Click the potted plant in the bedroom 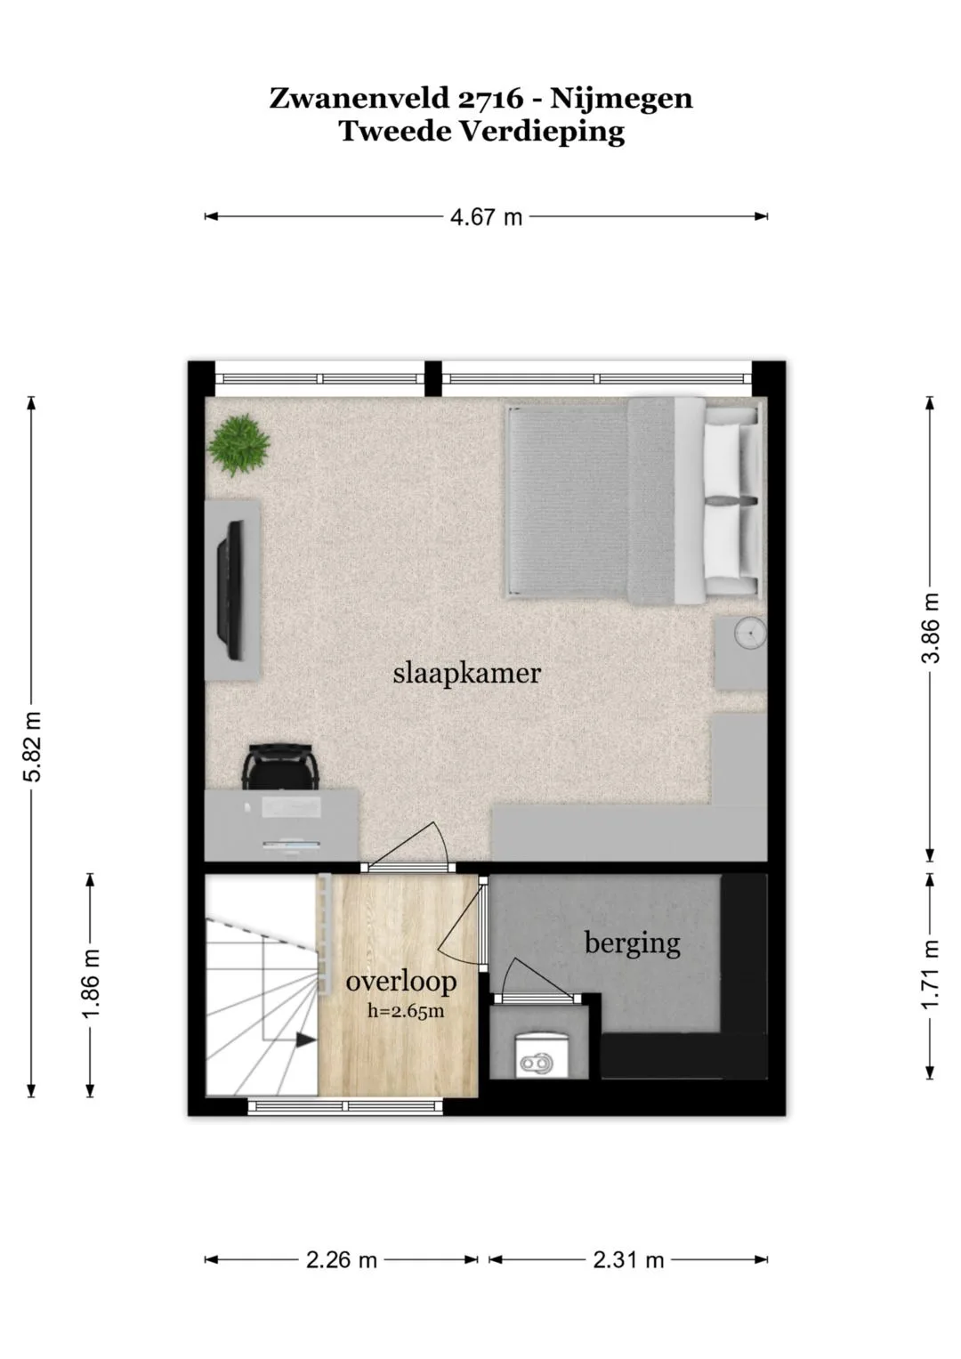[x=238, y=445]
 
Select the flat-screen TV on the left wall [x=230, y=589]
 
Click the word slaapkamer [x=466, y=674]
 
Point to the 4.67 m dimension [x=486, y=216]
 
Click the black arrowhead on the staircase [x=305, y=1039]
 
